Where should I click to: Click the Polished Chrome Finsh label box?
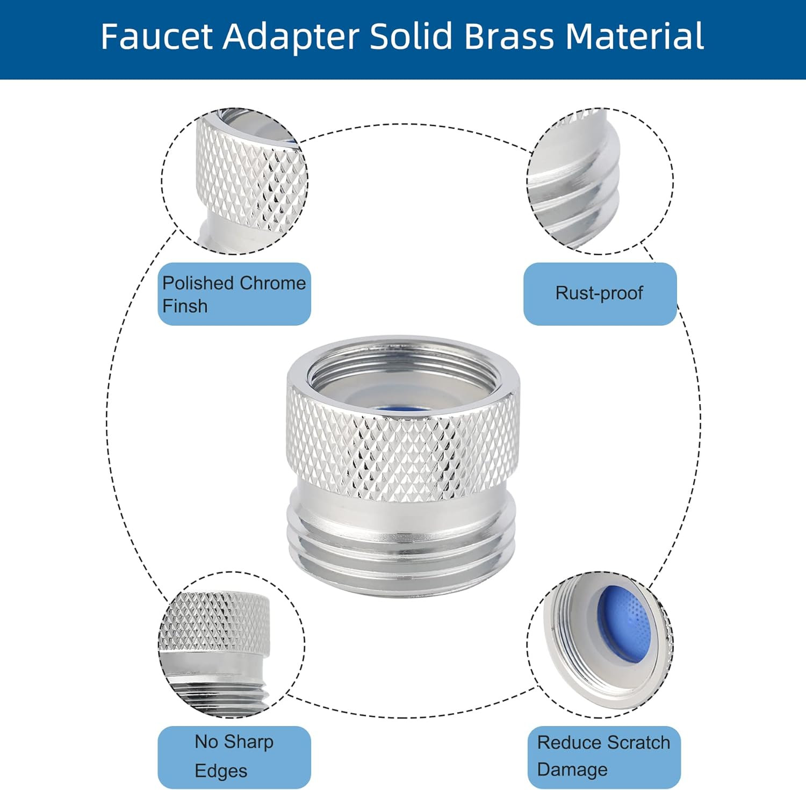click(234, 294)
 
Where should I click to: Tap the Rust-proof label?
click(600, 293)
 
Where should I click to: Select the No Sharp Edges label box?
click(234, 757)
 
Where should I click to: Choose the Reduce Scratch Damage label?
click(603, 757)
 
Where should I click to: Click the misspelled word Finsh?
click(185, 306)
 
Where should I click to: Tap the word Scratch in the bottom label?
click(638, 743)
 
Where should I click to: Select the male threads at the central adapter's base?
click(403, 554)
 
